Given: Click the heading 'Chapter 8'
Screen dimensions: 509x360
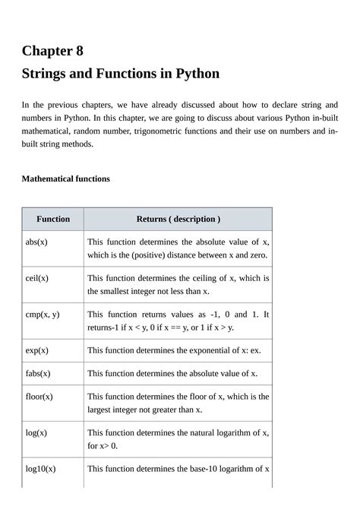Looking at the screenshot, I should click(52, 51).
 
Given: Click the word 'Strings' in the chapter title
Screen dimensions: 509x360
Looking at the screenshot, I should click(46, 74).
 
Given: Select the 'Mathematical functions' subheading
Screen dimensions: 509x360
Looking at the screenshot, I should click(65, 179).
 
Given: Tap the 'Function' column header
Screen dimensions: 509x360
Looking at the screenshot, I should click(52, 219).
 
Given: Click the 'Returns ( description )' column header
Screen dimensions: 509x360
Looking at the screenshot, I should click(178, 219).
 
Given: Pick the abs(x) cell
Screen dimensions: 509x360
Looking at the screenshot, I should click(36, 242).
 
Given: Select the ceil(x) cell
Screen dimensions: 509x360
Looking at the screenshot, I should click(37, 278).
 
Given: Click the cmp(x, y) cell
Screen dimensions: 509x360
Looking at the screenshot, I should click(43, 314).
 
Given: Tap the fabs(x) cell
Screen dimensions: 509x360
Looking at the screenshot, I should click(38, 373).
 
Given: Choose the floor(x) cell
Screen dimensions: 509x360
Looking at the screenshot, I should click(39, 397).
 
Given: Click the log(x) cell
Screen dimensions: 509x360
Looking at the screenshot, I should click(36, 432).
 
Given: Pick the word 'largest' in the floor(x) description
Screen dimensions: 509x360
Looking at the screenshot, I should click(101, 409).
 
